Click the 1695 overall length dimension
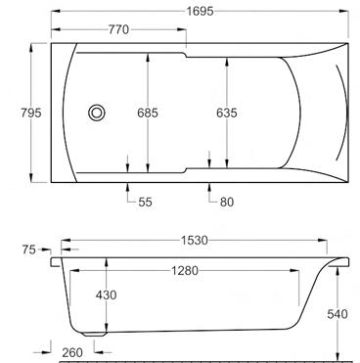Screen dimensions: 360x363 tap(201, 12)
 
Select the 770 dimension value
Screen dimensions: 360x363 tap(118, 29)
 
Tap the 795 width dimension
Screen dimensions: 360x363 tap(31, 113)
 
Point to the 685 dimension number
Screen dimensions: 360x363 tap(148, 113)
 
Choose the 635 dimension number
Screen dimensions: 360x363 tap(227, 113)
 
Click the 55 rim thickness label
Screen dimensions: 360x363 tap(145, 203)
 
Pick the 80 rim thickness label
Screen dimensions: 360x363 tap(227, 203)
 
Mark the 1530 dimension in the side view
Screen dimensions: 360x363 tap(195, 241)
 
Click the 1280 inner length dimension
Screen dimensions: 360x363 tap(185, 270)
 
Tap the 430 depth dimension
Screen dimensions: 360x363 tap(106, 295)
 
